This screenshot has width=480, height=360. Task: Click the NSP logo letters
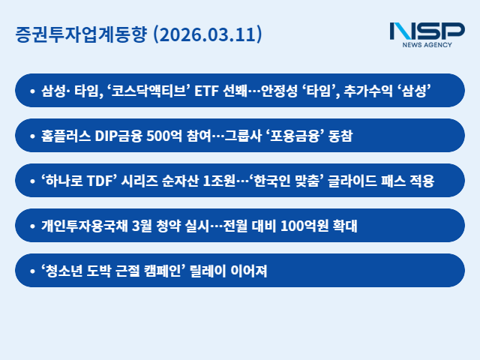coord(427,31)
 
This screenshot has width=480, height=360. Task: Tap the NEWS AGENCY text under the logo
coord(427,45)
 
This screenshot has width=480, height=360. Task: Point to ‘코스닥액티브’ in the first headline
coord(148,91)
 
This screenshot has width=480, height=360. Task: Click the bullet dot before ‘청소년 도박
coord(32,271)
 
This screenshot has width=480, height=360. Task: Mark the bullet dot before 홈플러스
coord(32,136)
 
